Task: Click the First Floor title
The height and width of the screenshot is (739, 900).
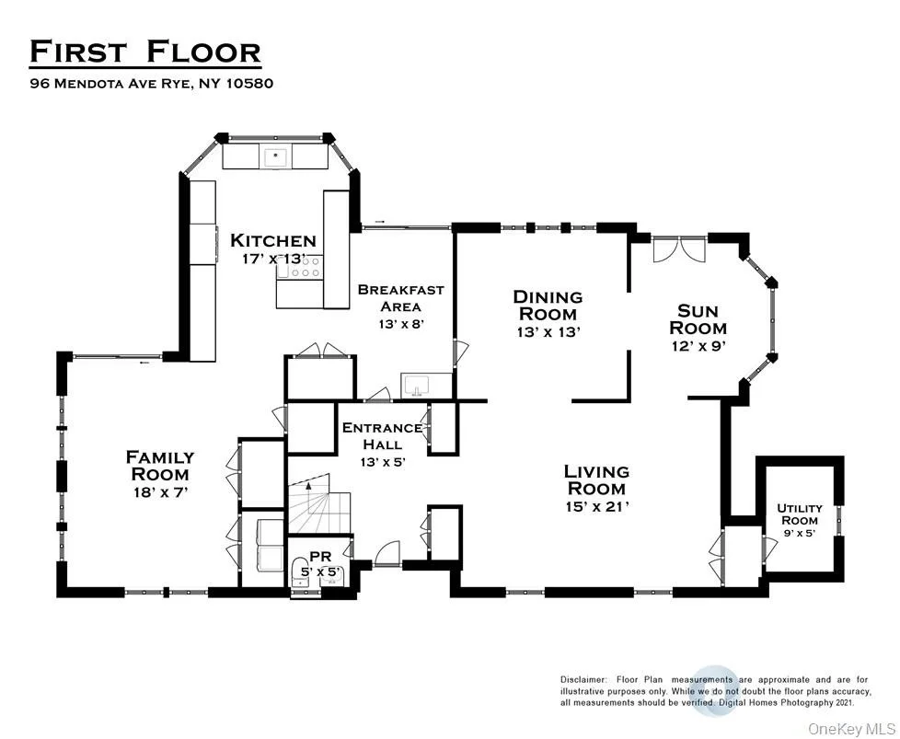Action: point(145,52)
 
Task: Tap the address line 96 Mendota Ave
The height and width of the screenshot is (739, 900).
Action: point(152,83)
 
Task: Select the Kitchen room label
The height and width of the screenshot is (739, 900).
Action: point(273,240)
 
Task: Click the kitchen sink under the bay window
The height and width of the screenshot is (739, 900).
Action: point(276,156)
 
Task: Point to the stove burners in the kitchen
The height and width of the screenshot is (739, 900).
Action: point(309,267)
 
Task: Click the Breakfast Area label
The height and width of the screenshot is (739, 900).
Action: point(400,298)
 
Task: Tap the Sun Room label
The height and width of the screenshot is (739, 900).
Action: point(698,320)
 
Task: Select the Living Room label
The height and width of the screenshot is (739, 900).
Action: point(596,480)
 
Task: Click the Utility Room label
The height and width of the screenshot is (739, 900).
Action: point(800,514)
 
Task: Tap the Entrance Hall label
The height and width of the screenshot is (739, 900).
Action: point(382,436)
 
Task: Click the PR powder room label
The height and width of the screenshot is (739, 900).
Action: point(320,556)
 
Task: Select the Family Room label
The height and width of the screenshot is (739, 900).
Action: point(160,466)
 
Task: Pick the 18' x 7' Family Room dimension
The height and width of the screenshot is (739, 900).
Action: point(160,492)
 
